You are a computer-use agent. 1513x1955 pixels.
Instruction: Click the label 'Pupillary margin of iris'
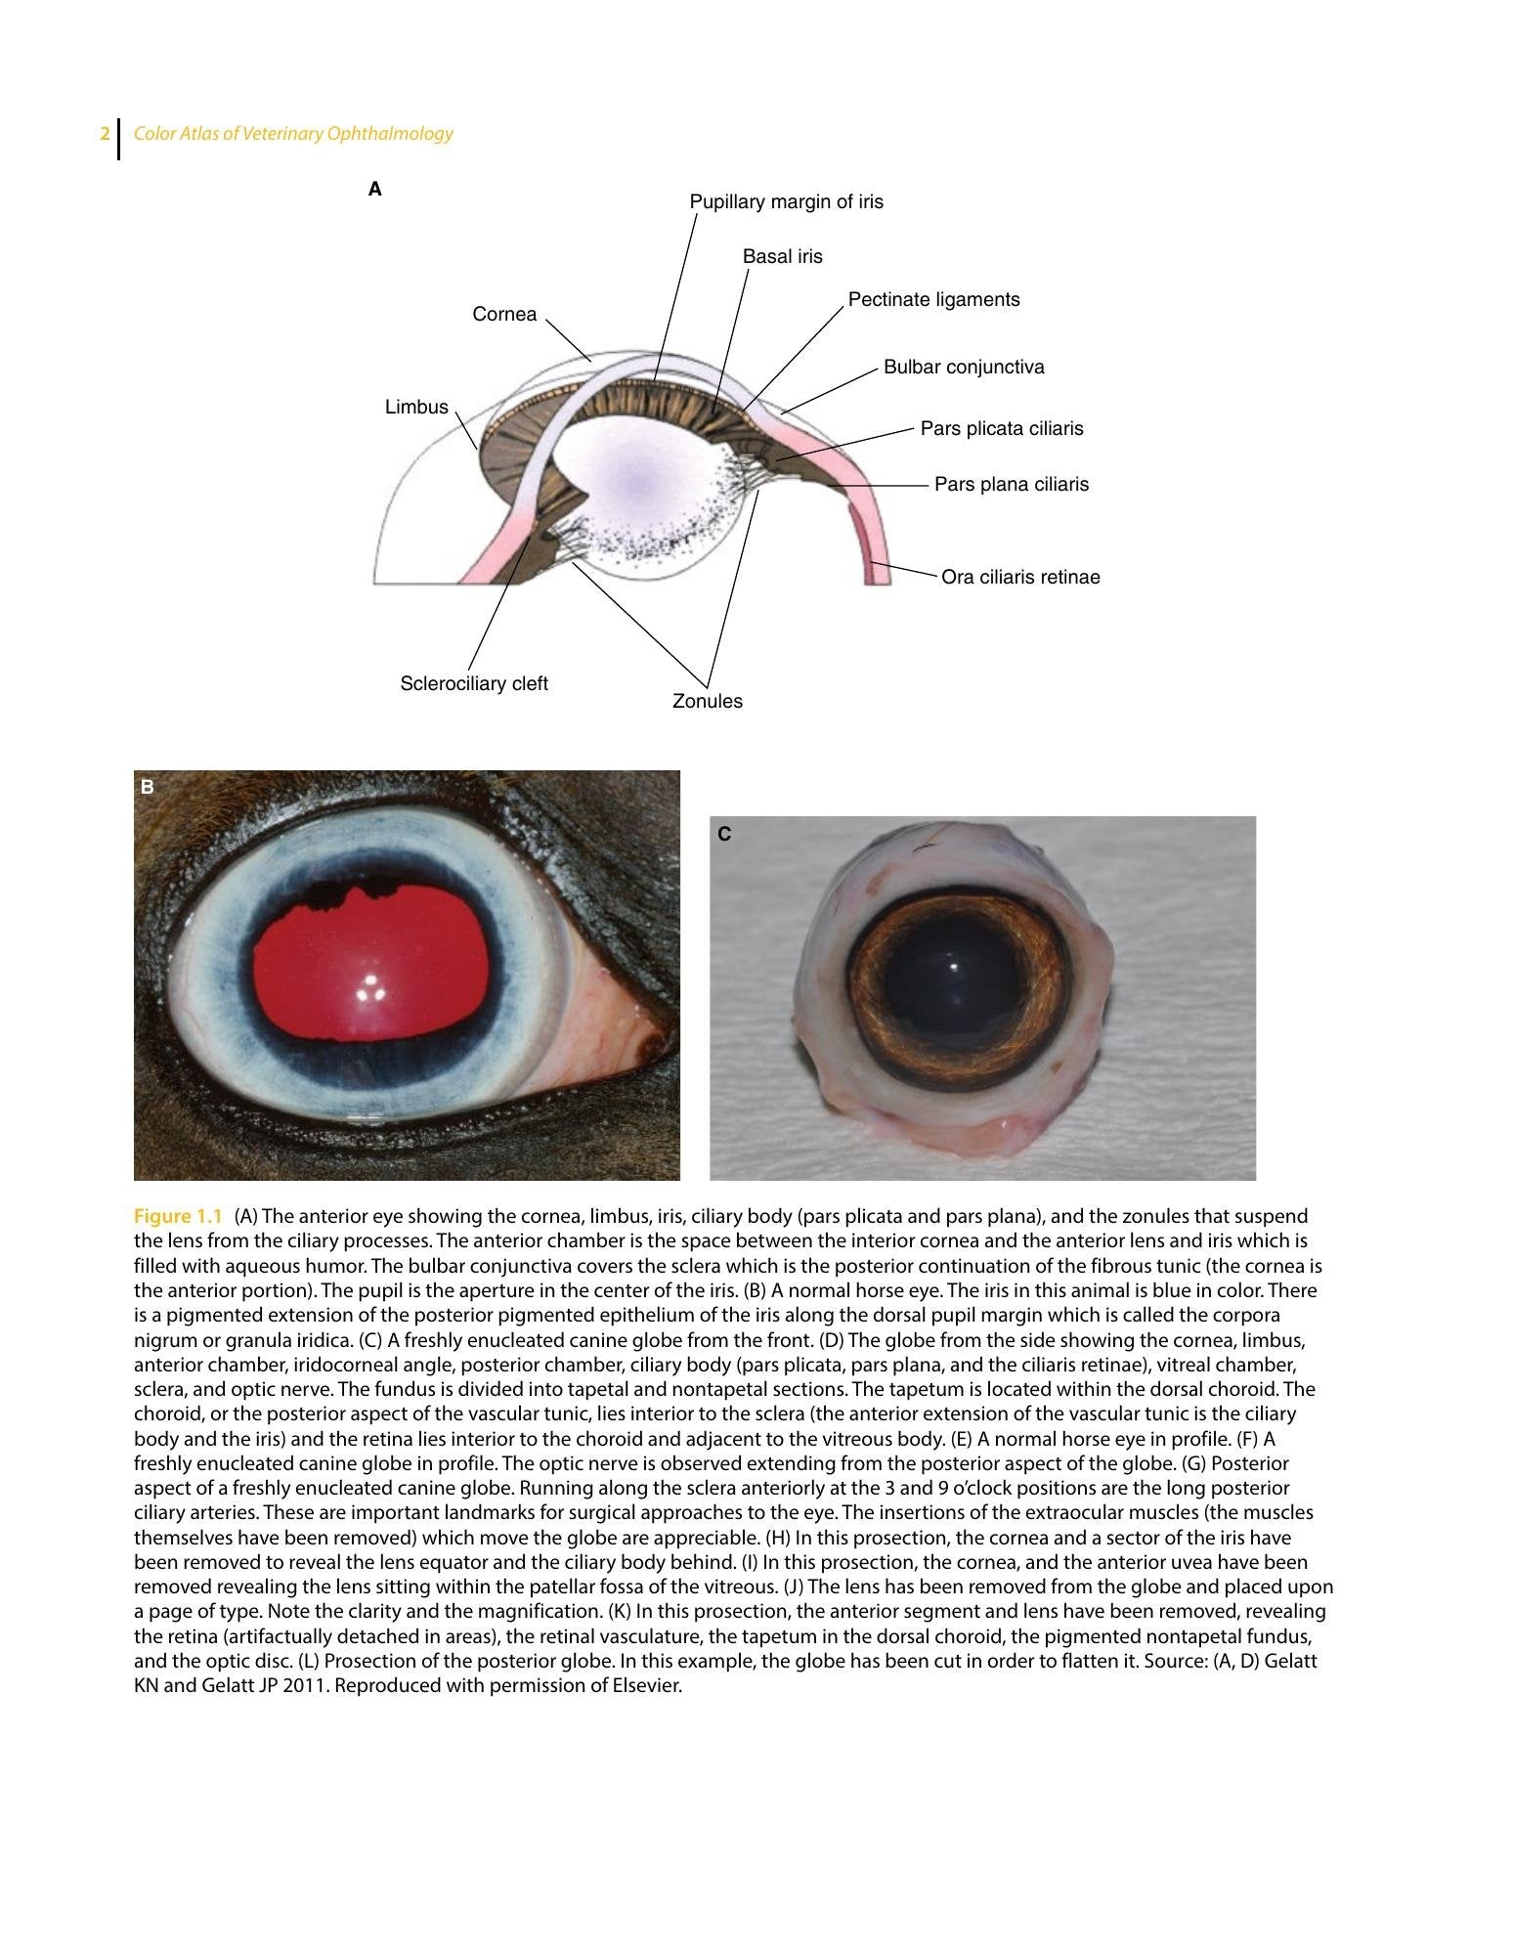pyautogui.click(x=786, y=202)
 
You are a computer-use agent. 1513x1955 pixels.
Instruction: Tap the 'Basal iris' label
pyautogui.click(x=782, y=256)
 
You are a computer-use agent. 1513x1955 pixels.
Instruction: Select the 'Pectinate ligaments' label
pyautogui.click(x=933, y=300)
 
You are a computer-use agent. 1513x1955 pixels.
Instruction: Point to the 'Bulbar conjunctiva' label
pyautogui.click(x=964, y=368)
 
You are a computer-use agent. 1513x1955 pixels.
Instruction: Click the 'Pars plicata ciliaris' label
pyautogui.click(x=1002, y=429)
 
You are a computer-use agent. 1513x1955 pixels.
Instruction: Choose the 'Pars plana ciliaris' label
pyautogui.click(x=1012, y=485)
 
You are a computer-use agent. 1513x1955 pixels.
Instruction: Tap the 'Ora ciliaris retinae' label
pyautogui.click(x=1020, y=577)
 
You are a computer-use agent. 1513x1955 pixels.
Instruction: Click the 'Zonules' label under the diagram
pyautogui.click(x=708, y=701)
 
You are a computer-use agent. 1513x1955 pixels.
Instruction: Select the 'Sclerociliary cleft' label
pyautogui.click(x=474, y=684)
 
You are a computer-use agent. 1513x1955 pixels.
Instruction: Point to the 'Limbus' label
pyautogui.click(x=416, y=408)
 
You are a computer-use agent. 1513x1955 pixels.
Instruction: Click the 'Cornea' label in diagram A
pyautogui.click(x=504, y=314)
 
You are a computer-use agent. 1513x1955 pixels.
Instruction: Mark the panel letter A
pyautogui.click(x=374, y=190)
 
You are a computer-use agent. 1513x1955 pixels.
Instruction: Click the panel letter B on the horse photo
pyautogui.click(x=148, y=787)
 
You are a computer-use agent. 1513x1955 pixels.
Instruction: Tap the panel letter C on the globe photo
pyautogui.click(x=724, y=834)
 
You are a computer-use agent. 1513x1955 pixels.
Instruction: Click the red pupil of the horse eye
pyautogui.click(x=369, y=963)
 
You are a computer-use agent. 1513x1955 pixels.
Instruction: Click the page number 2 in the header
pyautogui.click(x=105, y=134)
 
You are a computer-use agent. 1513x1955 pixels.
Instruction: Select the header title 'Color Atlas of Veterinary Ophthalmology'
pyautogui.click(x=293, y=134)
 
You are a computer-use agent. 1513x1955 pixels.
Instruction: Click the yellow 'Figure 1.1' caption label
pyautogui.click(x=178, y=1216)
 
